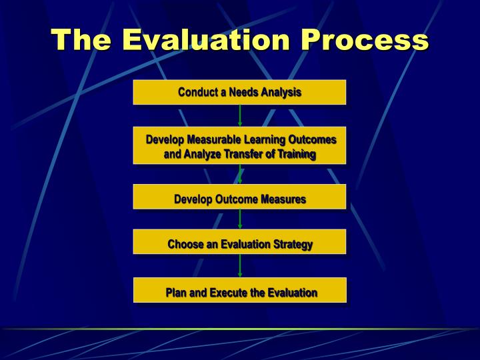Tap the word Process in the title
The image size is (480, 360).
[x=364, y=40]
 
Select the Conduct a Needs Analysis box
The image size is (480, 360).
[x=239, y=92]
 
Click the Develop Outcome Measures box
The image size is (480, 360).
[x=239, y=198]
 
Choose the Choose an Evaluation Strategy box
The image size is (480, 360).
[x=239, y=243]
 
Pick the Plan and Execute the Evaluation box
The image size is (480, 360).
[x=239, y=291]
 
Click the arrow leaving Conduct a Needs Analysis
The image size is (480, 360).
[x=240, y=115]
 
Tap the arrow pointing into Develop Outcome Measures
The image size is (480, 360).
[x=240, y=174]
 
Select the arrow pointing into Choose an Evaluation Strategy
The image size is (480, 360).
[x=240, y=219]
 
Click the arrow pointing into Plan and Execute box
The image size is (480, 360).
[x=240, y=265]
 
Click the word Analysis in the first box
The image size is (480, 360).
[x=281, y=92]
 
